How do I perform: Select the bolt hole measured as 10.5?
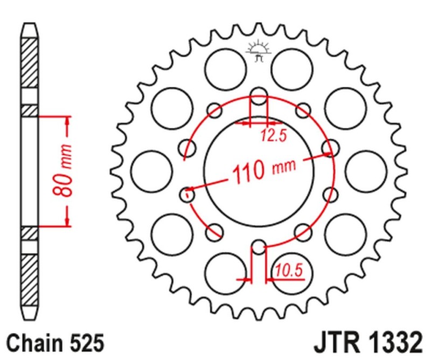259,247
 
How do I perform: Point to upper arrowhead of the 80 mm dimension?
67,121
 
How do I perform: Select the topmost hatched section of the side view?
31,64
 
